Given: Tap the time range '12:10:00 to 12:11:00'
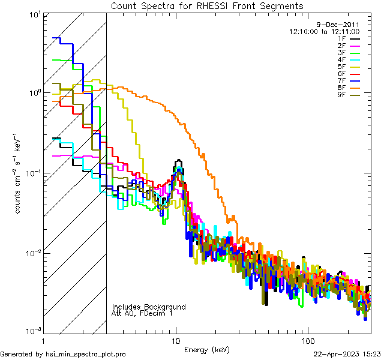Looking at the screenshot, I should (x=324, y=31).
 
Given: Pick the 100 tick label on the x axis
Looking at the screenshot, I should (x=307, y=340).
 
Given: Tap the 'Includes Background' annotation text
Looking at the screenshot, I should (x=149, y=307).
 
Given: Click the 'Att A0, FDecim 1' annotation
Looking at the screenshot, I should (x=142, y=314).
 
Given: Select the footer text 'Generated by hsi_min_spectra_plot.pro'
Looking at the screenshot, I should (x=63, y=355).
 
